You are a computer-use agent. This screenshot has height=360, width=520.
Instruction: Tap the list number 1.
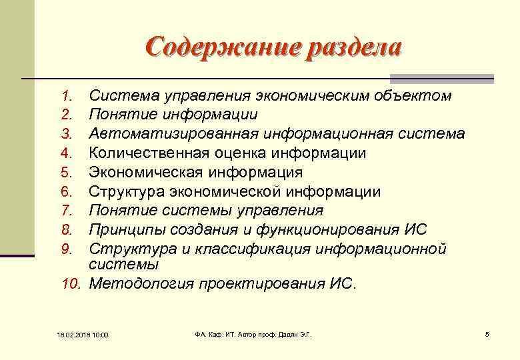[66, 97]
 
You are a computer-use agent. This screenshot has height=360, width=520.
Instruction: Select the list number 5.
[66, 173]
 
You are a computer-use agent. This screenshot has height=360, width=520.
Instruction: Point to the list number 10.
[71, 284]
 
